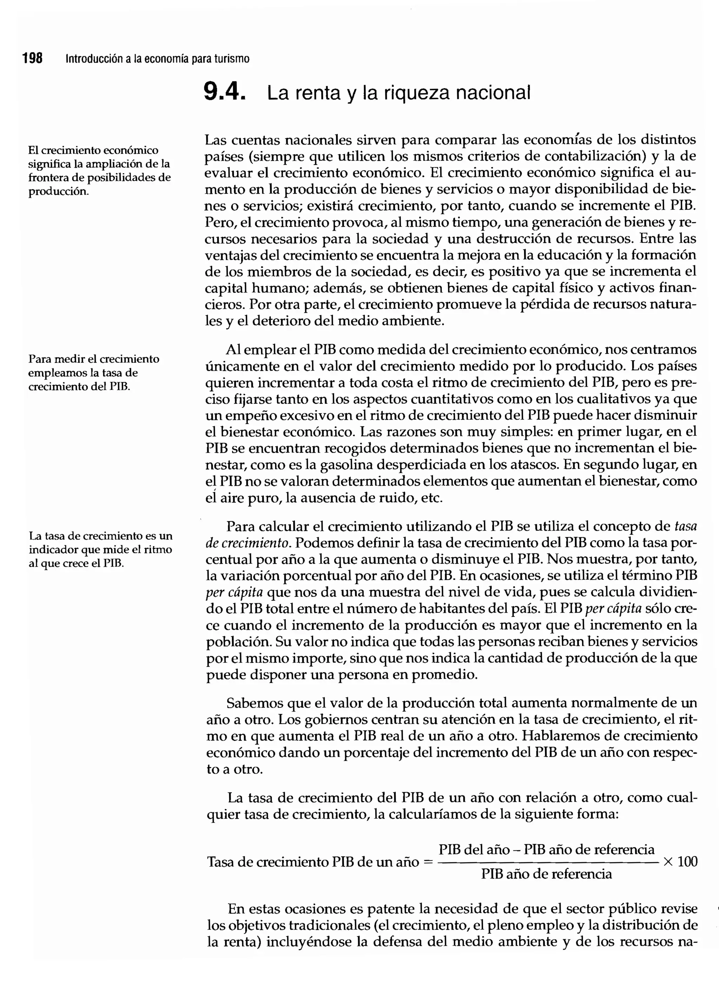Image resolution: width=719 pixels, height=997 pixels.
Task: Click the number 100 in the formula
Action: tap(687, 862)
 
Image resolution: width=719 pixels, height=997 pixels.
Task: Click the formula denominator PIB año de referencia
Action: tap(546, 874)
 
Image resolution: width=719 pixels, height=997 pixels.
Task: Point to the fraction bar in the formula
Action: tap(546, 862)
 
